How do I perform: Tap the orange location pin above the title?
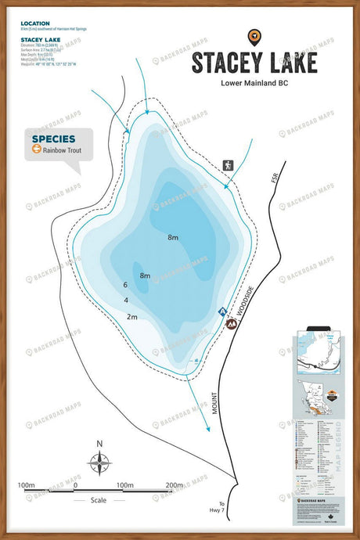pyautogui.click(x=254, y=36)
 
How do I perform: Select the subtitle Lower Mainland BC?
pyautogui.click(x=254, y=83)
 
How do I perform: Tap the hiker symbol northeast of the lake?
pyautogui.click(x=229, y=166)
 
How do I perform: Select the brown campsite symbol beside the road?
pyautogui.click(x=231, y=322)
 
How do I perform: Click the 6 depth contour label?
pyautogui.click(x=125, y=285)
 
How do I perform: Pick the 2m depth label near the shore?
pyautogui.click(x=131, y=317)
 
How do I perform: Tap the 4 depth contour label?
pyautogui.click(x=126, y=301)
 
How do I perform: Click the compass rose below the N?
pyautogui.click(x=99, y=465)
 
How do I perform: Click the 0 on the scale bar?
pyautogui.click(x=75, y=486)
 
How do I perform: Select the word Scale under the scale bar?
pyautogui.click(x=98, y=499)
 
